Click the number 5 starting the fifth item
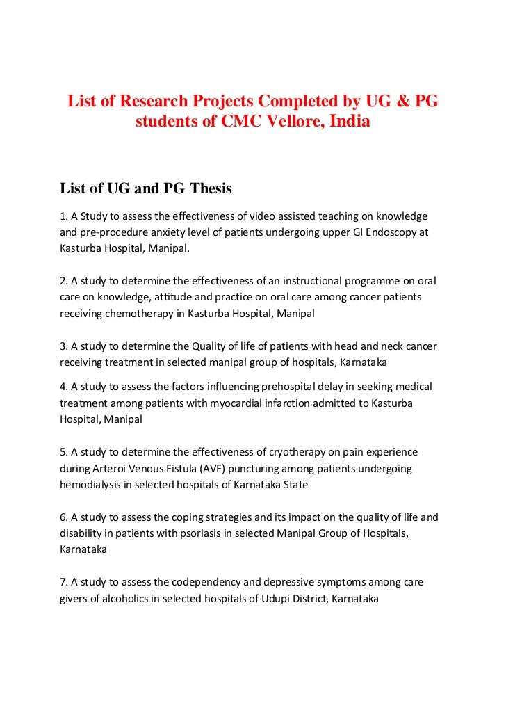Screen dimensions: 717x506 (x=63, y=452)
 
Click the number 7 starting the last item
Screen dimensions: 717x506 (x=63, y=581)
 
